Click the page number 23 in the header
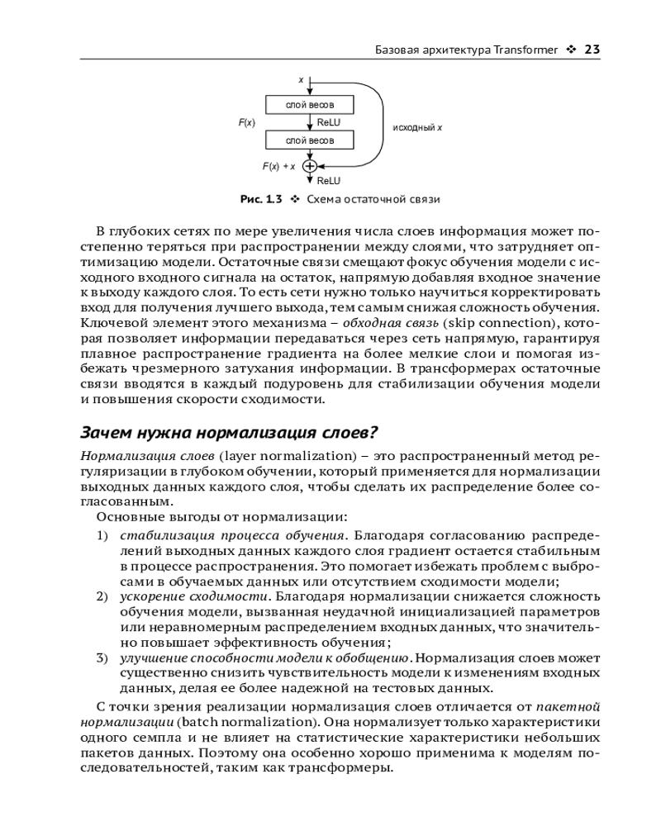(x=591, y=50)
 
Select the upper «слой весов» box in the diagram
(x=310, y=105)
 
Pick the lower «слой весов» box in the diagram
(x=310, y=140)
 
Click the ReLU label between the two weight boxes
(x=329, y=122)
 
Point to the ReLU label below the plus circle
(x=329, y=180)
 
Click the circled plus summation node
(x=310, y=165)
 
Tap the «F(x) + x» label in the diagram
(x=278, y=166)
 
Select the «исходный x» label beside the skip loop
(x=416, y=128)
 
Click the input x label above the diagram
(x=301, y=79)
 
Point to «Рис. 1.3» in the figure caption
(x=261, y=199)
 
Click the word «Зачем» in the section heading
(x=107, y=432)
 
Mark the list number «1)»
(x=102, y=535)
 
